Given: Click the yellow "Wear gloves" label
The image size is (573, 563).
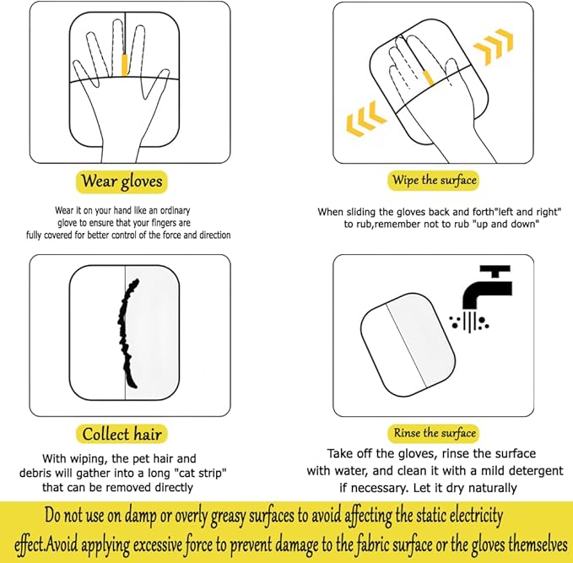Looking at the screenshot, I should click(122, 181).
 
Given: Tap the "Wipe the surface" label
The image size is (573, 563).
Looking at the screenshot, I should click(434, 180).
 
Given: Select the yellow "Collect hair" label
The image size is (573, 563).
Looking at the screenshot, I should click(122, 434).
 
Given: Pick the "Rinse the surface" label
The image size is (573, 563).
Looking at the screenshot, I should click(435, 433).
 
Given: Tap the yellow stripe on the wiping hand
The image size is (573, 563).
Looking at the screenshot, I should click(428, 78).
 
